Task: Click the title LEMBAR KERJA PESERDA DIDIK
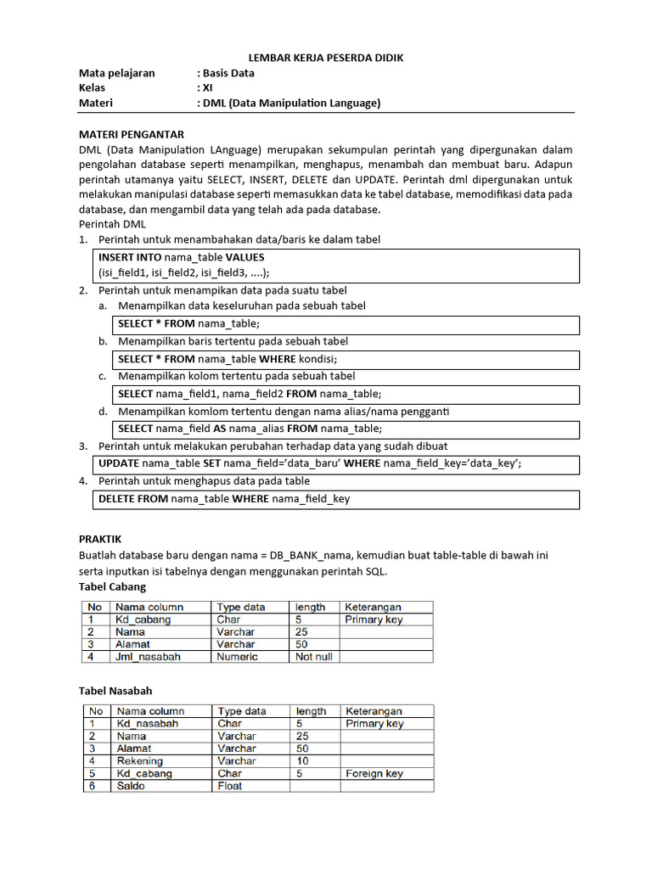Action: (326, 58)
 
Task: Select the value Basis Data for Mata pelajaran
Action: (228, 73)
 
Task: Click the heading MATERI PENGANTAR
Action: (131, 134)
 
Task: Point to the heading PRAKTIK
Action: (100, 539)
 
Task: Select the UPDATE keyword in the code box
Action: (119, 463)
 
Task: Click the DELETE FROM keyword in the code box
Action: (133, 499)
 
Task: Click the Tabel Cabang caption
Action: (112, 586)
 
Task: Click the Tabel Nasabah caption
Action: (115, 691)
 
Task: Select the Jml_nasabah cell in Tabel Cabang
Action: (149, 657)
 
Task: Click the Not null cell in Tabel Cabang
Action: (313, 657)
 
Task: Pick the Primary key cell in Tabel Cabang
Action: (374, 620)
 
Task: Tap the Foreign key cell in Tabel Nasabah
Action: (374, 774)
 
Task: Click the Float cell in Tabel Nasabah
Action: (229, 786)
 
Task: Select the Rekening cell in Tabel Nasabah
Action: (139, 761)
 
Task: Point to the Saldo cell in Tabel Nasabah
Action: (131, 786)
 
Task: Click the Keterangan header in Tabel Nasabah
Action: (374, 711)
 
